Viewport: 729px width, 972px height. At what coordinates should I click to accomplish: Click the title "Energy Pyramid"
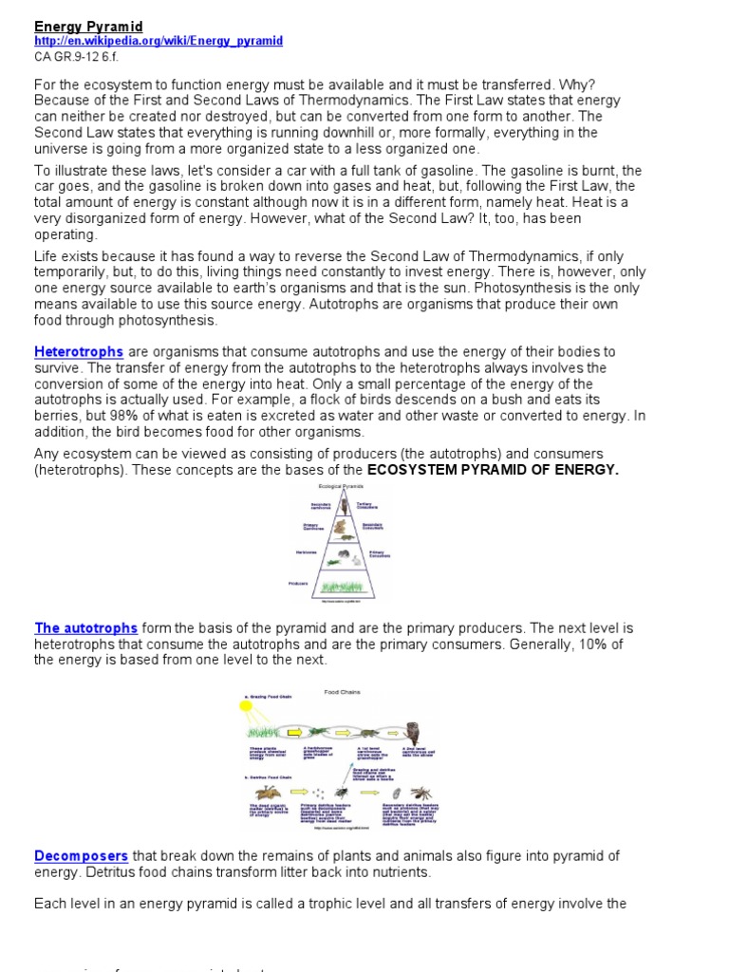88,26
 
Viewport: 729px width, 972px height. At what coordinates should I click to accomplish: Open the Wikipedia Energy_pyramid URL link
159,42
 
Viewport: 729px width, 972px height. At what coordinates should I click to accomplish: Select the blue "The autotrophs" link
85,628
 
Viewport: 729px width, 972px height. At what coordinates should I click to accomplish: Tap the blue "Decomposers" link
81,856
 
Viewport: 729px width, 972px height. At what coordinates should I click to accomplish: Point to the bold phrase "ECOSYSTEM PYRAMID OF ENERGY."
493,470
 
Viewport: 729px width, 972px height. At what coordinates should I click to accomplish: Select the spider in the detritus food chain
420,792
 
